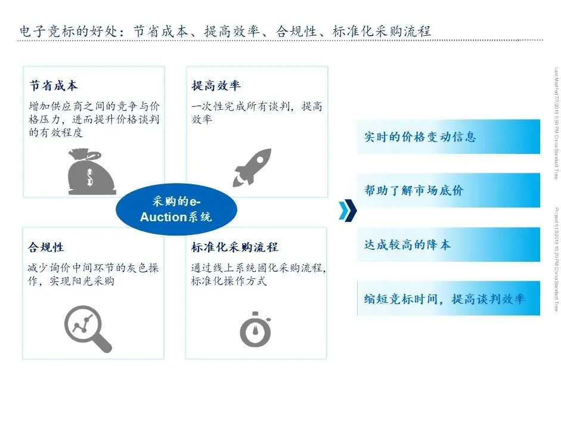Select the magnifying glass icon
coord(88,327)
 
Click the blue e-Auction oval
coord(176,210)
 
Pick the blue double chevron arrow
coord(347,210)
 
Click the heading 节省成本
coord(54,86)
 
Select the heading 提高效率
coord(216,86)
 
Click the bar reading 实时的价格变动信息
coord(448,137)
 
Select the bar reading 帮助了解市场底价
coord(448,191)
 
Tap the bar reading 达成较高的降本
coord(448,244)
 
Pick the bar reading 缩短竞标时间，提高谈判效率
coord(448,298)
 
